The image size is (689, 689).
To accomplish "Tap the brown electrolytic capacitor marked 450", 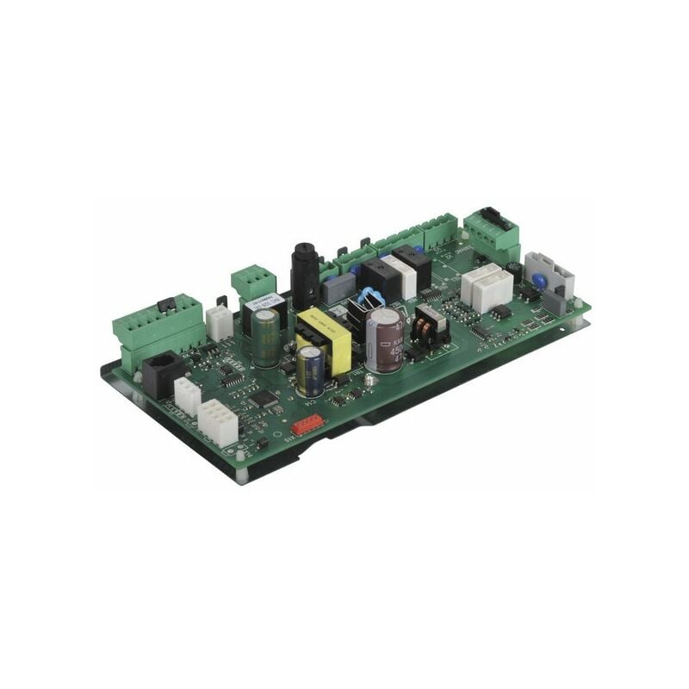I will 385,339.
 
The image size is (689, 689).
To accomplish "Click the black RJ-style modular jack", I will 161,373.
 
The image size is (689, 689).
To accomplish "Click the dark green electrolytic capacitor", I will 266,338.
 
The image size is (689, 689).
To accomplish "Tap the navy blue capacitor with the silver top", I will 311,372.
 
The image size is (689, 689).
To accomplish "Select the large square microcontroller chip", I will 264,398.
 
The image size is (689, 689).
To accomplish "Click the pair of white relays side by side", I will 487,287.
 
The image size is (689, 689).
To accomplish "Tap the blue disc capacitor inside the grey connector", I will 541,280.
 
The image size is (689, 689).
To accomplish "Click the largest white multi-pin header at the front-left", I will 217,422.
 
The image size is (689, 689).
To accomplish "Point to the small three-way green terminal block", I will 254,282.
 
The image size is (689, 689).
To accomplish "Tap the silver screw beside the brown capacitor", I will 369,379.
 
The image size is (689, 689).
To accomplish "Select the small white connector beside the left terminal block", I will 219,323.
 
